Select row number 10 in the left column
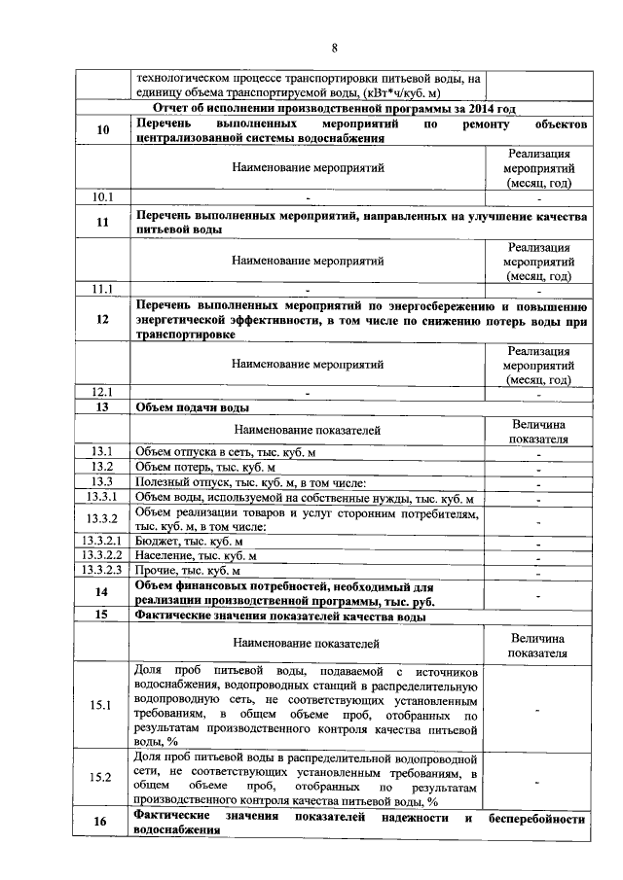[103, 132]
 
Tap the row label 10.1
[103, 197]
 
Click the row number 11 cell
[103, 222]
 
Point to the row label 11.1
[103, 289]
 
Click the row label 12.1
[103, 392]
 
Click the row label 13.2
[103, 467]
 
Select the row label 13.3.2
[103, 518]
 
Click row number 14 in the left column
[103, 593]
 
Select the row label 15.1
[103, 707]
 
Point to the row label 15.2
[103, 777]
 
